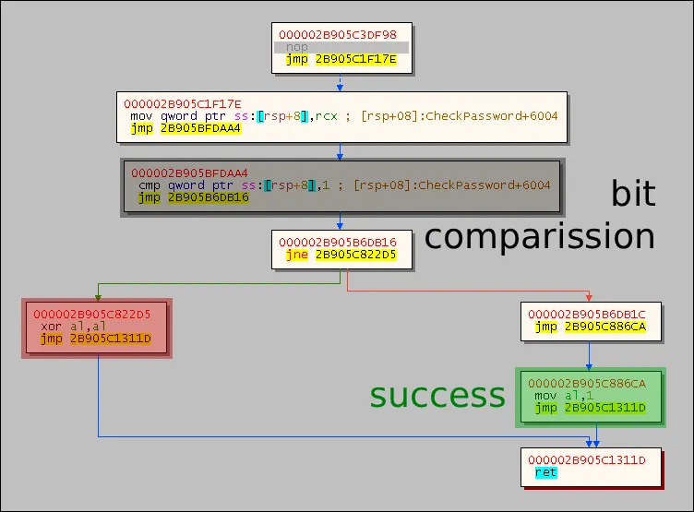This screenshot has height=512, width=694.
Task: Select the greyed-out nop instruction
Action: click(297, 47)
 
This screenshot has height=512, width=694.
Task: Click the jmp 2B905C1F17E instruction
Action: click(341, 60)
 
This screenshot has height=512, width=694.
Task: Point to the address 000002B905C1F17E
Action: click(183, 103)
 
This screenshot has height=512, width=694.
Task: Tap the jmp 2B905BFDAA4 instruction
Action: click(185, 128)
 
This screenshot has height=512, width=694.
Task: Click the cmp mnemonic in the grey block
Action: click(149, 185)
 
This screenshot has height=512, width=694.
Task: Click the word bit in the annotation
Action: click(633, 194)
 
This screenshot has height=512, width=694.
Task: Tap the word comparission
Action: click(539, 236)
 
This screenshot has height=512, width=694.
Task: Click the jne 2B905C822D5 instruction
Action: click(341, 255)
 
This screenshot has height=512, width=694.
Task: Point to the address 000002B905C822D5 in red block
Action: click(91, 315)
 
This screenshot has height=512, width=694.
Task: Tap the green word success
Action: click(437, 395)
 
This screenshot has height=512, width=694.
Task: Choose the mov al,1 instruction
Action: click(559, 396)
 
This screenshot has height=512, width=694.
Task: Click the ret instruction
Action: click(545, 472)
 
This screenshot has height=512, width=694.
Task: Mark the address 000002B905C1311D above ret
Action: click(587, 459)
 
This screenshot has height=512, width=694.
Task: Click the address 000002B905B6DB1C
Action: click(586, 315)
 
